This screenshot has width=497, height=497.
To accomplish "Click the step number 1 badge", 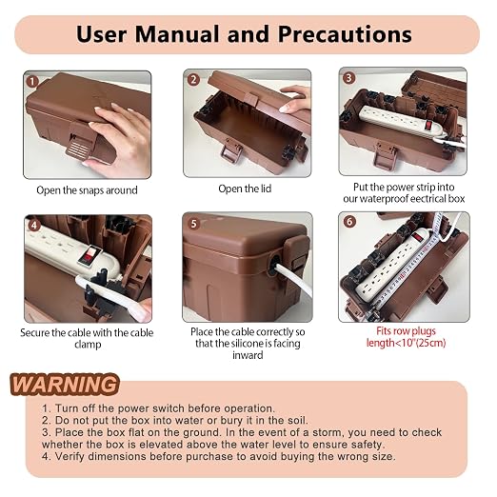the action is pyautogui.click(x=32, y=82).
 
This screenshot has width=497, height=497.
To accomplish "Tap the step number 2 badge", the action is pyautogui.click(x=193, y=79).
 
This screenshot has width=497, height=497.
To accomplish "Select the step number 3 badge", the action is pyautogui.click(x=348, y=77).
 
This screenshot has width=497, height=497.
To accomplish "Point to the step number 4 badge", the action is pyautogui.click(x=34, y=225).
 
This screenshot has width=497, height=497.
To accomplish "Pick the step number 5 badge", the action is pyautogui.click(x=193, y=224).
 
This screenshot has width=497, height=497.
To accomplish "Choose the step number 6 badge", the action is pyautogui.click(x=349, y=222).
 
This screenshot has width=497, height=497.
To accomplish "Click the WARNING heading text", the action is pyautogui.click(x=65, y=385).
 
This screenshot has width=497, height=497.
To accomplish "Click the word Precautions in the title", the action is pyautogui.click(x=345, y=34).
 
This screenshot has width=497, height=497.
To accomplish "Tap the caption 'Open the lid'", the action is pyautogui.click(x=245, y=189).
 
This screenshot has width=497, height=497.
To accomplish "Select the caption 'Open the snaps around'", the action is pyautogui.click(x=87, y=190).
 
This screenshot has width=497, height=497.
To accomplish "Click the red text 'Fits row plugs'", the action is pyautogui.click(x=406, y=331).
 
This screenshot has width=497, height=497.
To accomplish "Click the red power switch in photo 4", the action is pyautogui.click(x=89, y=254).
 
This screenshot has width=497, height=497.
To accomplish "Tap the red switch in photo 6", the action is pyautogui.click(x=418, y=237).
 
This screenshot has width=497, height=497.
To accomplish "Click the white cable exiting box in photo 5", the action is pyautogui.click(x=293, y=279).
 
